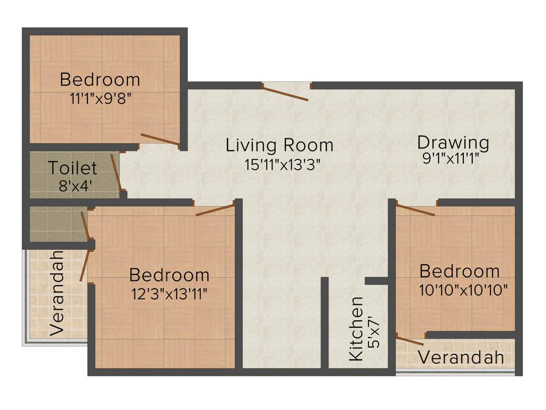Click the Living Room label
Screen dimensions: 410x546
point(279,145)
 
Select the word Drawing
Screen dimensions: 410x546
point(453,143)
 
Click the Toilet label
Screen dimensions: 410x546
point(73,168)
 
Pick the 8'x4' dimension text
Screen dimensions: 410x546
point(73,186)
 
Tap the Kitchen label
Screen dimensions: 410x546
point(356,329)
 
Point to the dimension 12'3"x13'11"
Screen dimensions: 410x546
point(170,293)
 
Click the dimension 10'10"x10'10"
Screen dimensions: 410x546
point(460,290)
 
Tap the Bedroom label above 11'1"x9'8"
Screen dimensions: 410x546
point(100,80)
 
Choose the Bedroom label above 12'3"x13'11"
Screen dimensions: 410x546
point(170,275)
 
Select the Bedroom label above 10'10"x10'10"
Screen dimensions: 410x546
point(460,271)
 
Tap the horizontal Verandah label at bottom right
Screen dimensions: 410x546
point(461,358)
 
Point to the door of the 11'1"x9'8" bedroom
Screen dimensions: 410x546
point(160,139)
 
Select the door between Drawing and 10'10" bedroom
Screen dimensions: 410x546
point(415,210)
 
